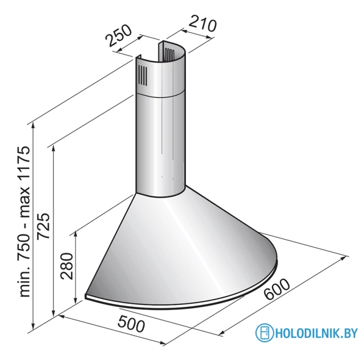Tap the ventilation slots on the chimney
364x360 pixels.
click(141, 77)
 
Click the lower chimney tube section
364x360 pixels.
click(160, 146)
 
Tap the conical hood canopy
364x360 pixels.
click(183, 244)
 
